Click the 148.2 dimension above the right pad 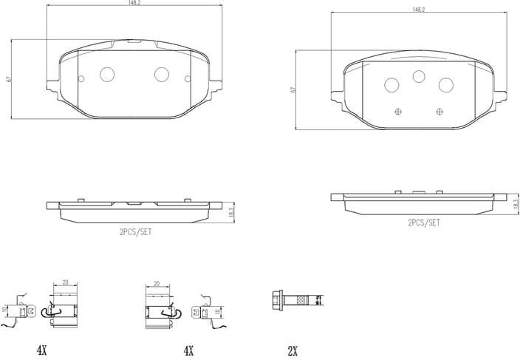(419, 10)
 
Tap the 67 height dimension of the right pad (293, 89)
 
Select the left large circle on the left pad (106, 74)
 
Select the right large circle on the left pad (162, 74)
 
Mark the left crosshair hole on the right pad (399, 112)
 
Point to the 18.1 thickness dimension (231, 211)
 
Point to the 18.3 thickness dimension (516, 204)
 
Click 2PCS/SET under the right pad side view (423, 222)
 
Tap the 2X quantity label (292, 350)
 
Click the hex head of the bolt (279, 299)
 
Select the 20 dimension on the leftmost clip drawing (65, 283)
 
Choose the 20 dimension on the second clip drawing (157, 283)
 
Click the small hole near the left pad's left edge (80, 78)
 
